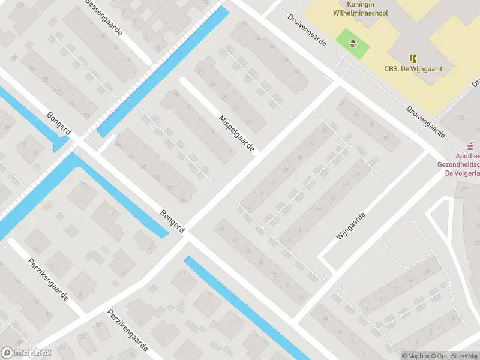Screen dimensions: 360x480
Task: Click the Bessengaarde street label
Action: click(104, 16)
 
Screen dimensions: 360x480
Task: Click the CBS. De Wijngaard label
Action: click(413, 69)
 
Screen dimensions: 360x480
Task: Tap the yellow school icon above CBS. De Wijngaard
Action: click(413, 58)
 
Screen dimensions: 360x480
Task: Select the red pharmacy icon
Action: click(471, 145)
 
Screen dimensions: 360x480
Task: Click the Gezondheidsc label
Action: click(458, 164)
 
